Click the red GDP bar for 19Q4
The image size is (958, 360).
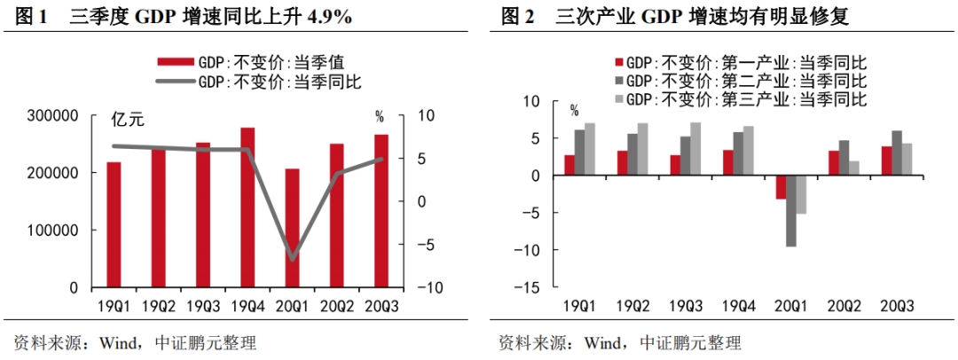[247, 207]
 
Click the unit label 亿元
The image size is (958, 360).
[127, 118]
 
